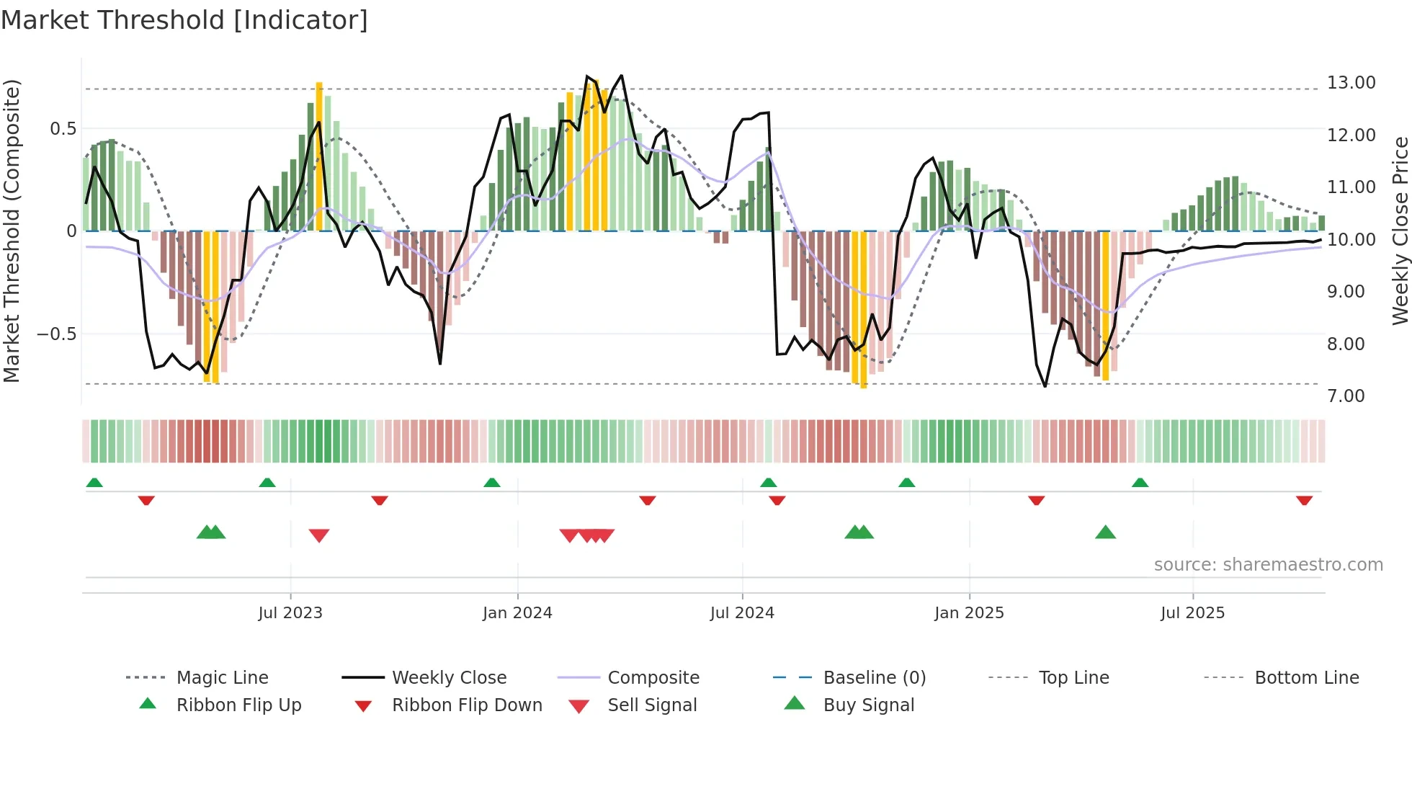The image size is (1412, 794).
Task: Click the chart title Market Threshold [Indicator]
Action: click(x=184, y=20)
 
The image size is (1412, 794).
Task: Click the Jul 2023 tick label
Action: click(x=290, y=612)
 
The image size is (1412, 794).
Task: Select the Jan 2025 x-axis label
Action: click(x=969, y=612)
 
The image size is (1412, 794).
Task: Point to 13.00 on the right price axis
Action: click(x=1351, y=83)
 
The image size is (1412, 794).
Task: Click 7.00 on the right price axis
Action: click(x=1346, y=396)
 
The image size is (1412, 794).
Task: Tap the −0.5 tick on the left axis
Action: click(x=56, y=334)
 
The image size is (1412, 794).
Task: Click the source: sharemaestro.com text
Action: click(x=1268, y=564)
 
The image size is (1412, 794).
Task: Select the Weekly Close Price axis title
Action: click(x=1400, y=231)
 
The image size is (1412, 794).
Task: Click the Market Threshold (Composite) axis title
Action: click(x=12, y=231)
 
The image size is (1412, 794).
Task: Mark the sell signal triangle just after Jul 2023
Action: click(x=319, y=535)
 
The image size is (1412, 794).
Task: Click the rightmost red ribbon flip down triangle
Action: click(x=1304, y=500)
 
